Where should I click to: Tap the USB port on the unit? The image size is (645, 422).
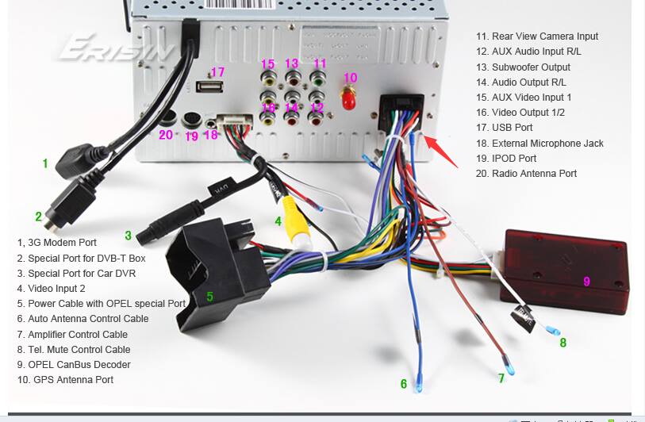pyautogui.click(x=209, y=86)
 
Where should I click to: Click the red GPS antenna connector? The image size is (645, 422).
pyautogui.click(x=348, y=98)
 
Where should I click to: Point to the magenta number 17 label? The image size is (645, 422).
pyautogui.click(x=217, y=72)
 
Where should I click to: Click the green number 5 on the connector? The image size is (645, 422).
pyautogui.click(x=209, y=296)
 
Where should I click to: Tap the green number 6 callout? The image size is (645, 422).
pyautogui.click(x=404, y=384)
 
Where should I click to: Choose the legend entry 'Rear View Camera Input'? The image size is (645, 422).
pyautogui.click(x=537, y=36)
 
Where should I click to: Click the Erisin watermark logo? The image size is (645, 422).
pyautogui.click(x=116, y=48)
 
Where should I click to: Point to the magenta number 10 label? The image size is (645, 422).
pyautogui.click(x=350, y=77)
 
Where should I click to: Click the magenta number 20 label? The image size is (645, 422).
pyautogui.click(x=166, y=135)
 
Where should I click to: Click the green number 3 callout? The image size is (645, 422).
pyautogui.click(x=128, y=236)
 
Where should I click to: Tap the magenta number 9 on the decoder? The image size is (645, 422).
pyautogui.click(x=586, y=282)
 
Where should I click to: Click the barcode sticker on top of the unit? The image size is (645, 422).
pyautogui.click(x=238, y=4)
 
